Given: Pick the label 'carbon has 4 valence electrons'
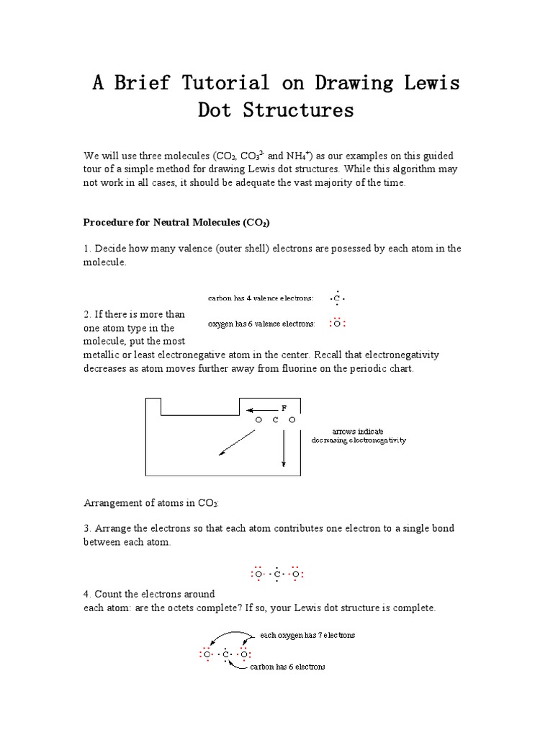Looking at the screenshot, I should pos(261,298).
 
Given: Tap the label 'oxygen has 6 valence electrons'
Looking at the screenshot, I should pos(261,324).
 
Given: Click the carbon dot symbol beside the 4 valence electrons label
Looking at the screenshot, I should pos(336,298).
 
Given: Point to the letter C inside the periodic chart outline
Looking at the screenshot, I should pos(275,420).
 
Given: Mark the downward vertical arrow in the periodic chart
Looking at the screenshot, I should pos(284,447).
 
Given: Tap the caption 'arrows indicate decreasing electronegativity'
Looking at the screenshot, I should pos(358,435).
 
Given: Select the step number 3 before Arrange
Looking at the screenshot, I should pos(86,528).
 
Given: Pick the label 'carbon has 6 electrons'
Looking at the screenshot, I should pos(287,667).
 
